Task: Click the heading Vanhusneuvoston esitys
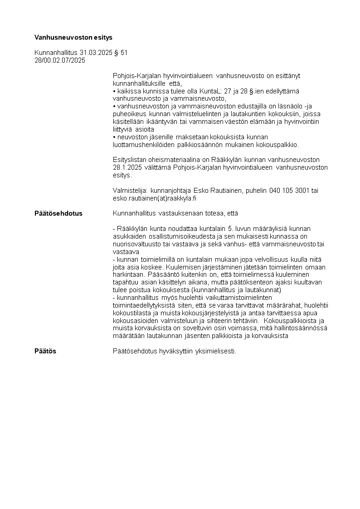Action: point(73,37)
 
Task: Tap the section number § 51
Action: point(121,53)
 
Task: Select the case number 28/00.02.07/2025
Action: point(60,60)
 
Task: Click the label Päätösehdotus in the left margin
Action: point(58,213)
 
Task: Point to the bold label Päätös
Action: point(45,351)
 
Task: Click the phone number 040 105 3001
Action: point(289,191)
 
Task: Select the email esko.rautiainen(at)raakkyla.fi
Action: point(154,198)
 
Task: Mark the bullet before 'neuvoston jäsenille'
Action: point(114,137)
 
